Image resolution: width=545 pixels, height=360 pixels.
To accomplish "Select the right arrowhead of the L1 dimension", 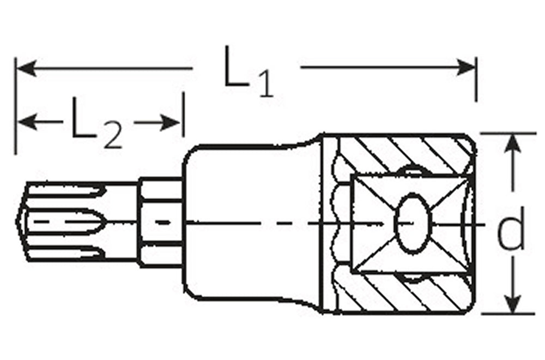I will click(469, 68).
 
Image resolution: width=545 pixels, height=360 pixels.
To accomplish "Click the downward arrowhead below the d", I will click(512, 305).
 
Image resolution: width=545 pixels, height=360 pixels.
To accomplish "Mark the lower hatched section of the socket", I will click(403, 295).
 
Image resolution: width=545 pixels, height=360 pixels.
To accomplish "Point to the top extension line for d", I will click(507, 133).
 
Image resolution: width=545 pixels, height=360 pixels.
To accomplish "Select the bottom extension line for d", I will click(507, 314).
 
